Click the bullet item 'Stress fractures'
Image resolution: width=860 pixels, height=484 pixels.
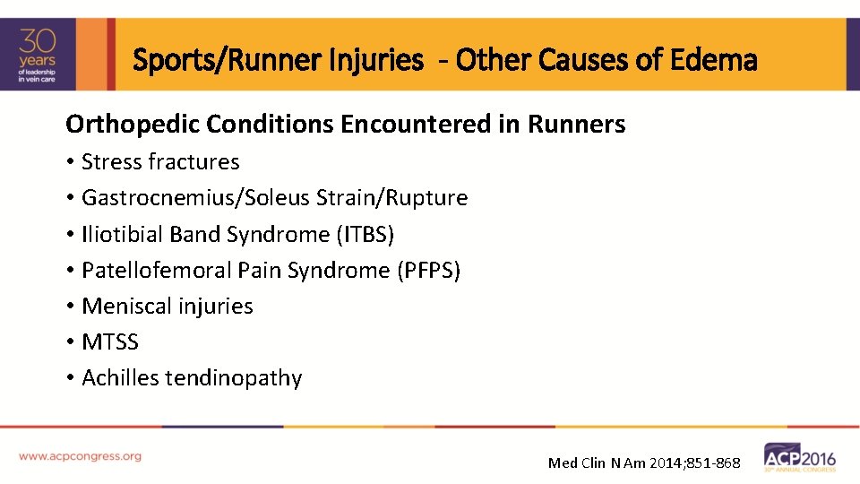(160, 162)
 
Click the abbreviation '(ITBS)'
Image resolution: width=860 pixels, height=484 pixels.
(365, 234)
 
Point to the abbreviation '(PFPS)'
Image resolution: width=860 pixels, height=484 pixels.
(428, 270)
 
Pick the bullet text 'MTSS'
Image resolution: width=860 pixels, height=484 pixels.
(110, 341)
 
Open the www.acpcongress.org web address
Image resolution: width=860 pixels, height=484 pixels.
(80, 456)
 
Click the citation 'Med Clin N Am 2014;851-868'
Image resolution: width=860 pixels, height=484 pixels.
(644, 462)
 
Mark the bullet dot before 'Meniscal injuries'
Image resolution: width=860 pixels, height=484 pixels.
(70, 307)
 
